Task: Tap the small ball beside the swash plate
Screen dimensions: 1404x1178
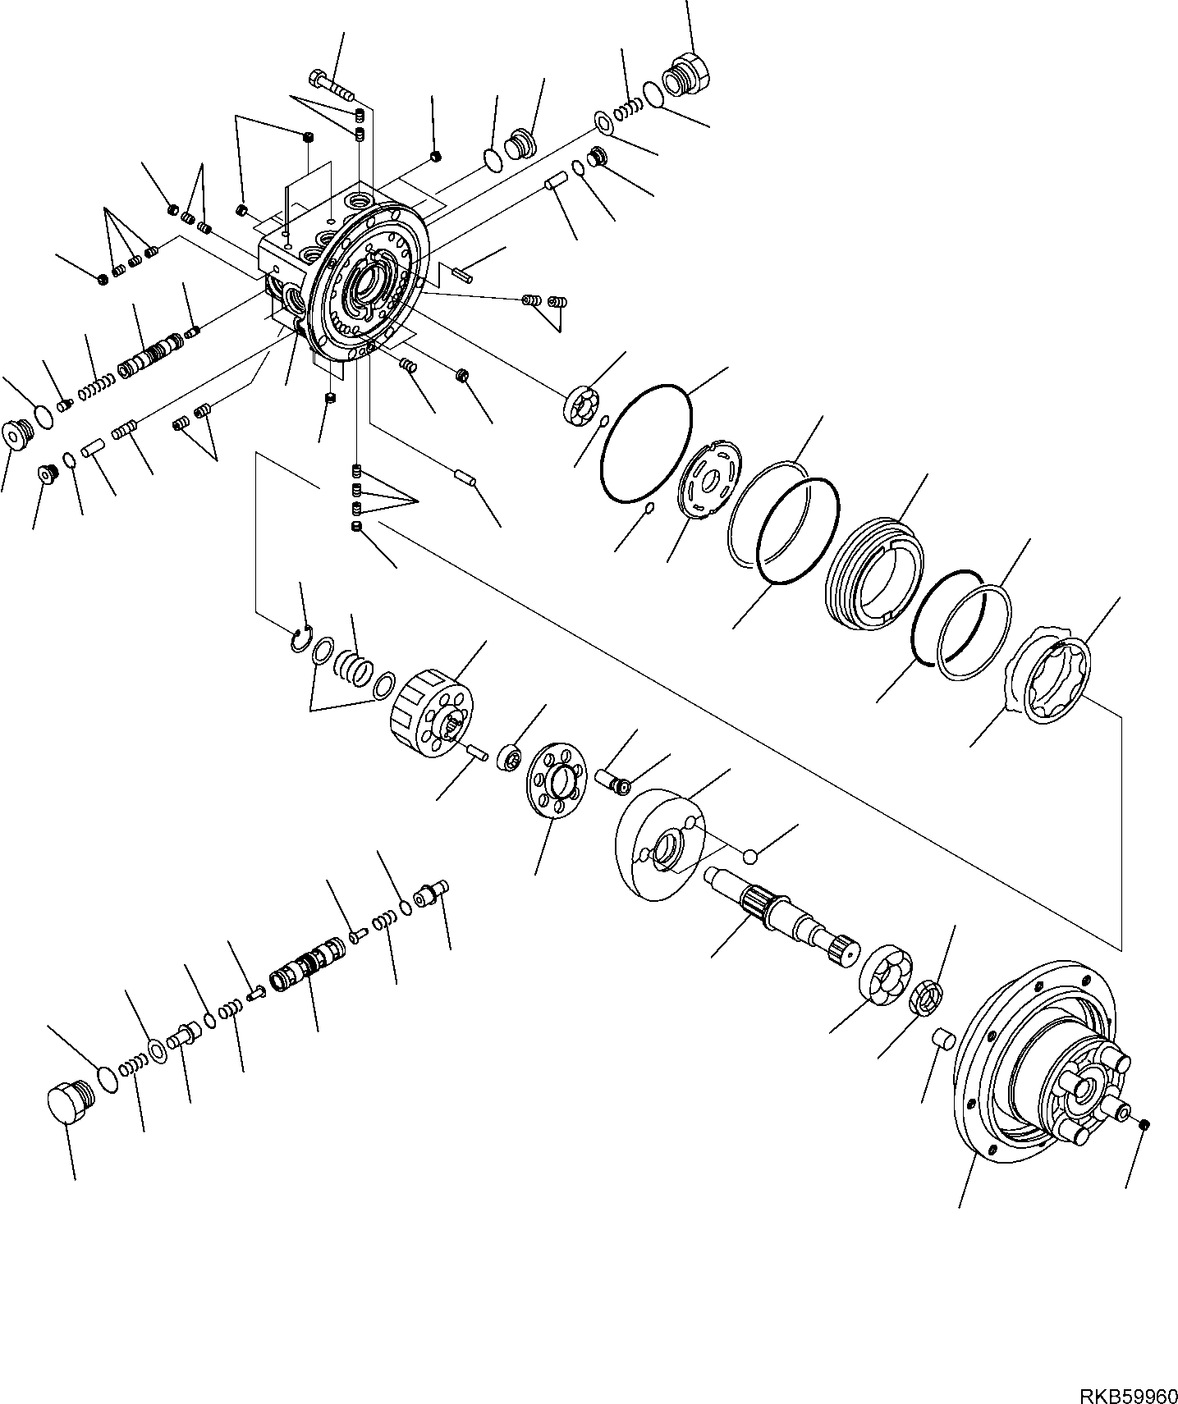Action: click(749, 857)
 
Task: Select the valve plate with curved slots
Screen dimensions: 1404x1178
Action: click(712, 479)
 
